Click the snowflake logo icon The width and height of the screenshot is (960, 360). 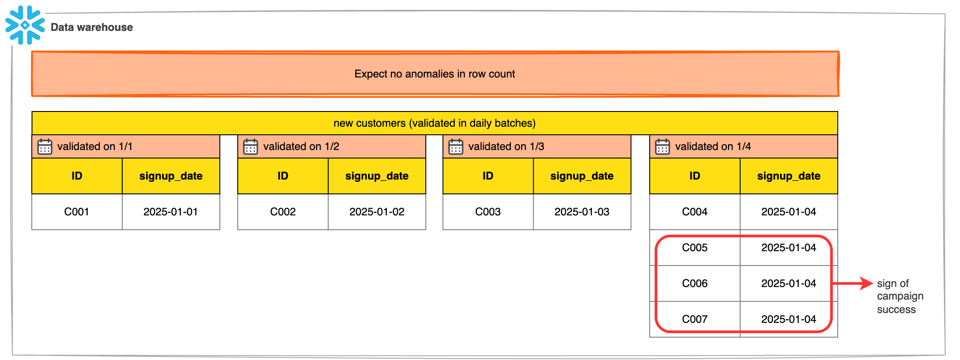pyautogui.click(x=25, y=25)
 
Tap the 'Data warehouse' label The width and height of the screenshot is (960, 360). pyautogui.click(x=91, y=27)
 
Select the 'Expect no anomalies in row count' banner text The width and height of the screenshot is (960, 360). pyautogui.click(x=434, y=74)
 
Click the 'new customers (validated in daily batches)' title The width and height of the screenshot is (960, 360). pyautogui.click(x=434, y=123)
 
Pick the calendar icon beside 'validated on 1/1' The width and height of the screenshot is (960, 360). pyautogui.click(x=45, y=146)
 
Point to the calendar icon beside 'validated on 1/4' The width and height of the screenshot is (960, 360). pyautogui.click(x=662, y=146)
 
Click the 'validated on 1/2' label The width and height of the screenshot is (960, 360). pyautogui.click(x=301, y=146)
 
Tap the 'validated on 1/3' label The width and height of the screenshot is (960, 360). pyautogui.click(x=506, y=146)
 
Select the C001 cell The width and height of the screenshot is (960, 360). pyautogui.click(x=77, y=212)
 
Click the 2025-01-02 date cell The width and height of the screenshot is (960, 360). pyautogui.click(x=377, y=212)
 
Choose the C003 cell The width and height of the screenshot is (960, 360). pyautogui.click(x=488, y=212)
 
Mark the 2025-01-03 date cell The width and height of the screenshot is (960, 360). pyautogui.click(x=582, y=212)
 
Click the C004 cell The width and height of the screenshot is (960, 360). pyautogui.click(x=694, y=212)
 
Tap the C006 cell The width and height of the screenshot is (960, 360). pyautogui.click(x=694, y=283)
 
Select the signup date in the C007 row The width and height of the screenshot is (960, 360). pyautogui.click(x=789, y=319)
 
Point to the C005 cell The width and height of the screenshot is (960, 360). pyautogui.click(x=694, y=248)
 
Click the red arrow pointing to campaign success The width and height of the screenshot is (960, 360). pyautogui.click(x=853, y=283)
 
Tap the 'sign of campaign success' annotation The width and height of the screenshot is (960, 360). pyautogui.click(x=899, y=296)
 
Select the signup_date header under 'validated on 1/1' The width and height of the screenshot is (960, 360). pyautogui.click(x=171, y=176)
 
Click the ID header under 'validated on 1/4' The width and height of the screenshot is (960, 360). pyautogui.click(x=694, y=176)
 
